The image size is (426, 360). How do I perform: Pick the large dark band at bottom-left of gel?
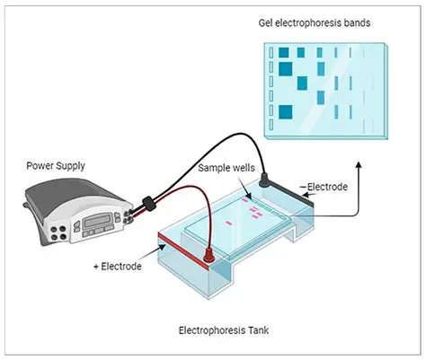coord(286,111)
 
